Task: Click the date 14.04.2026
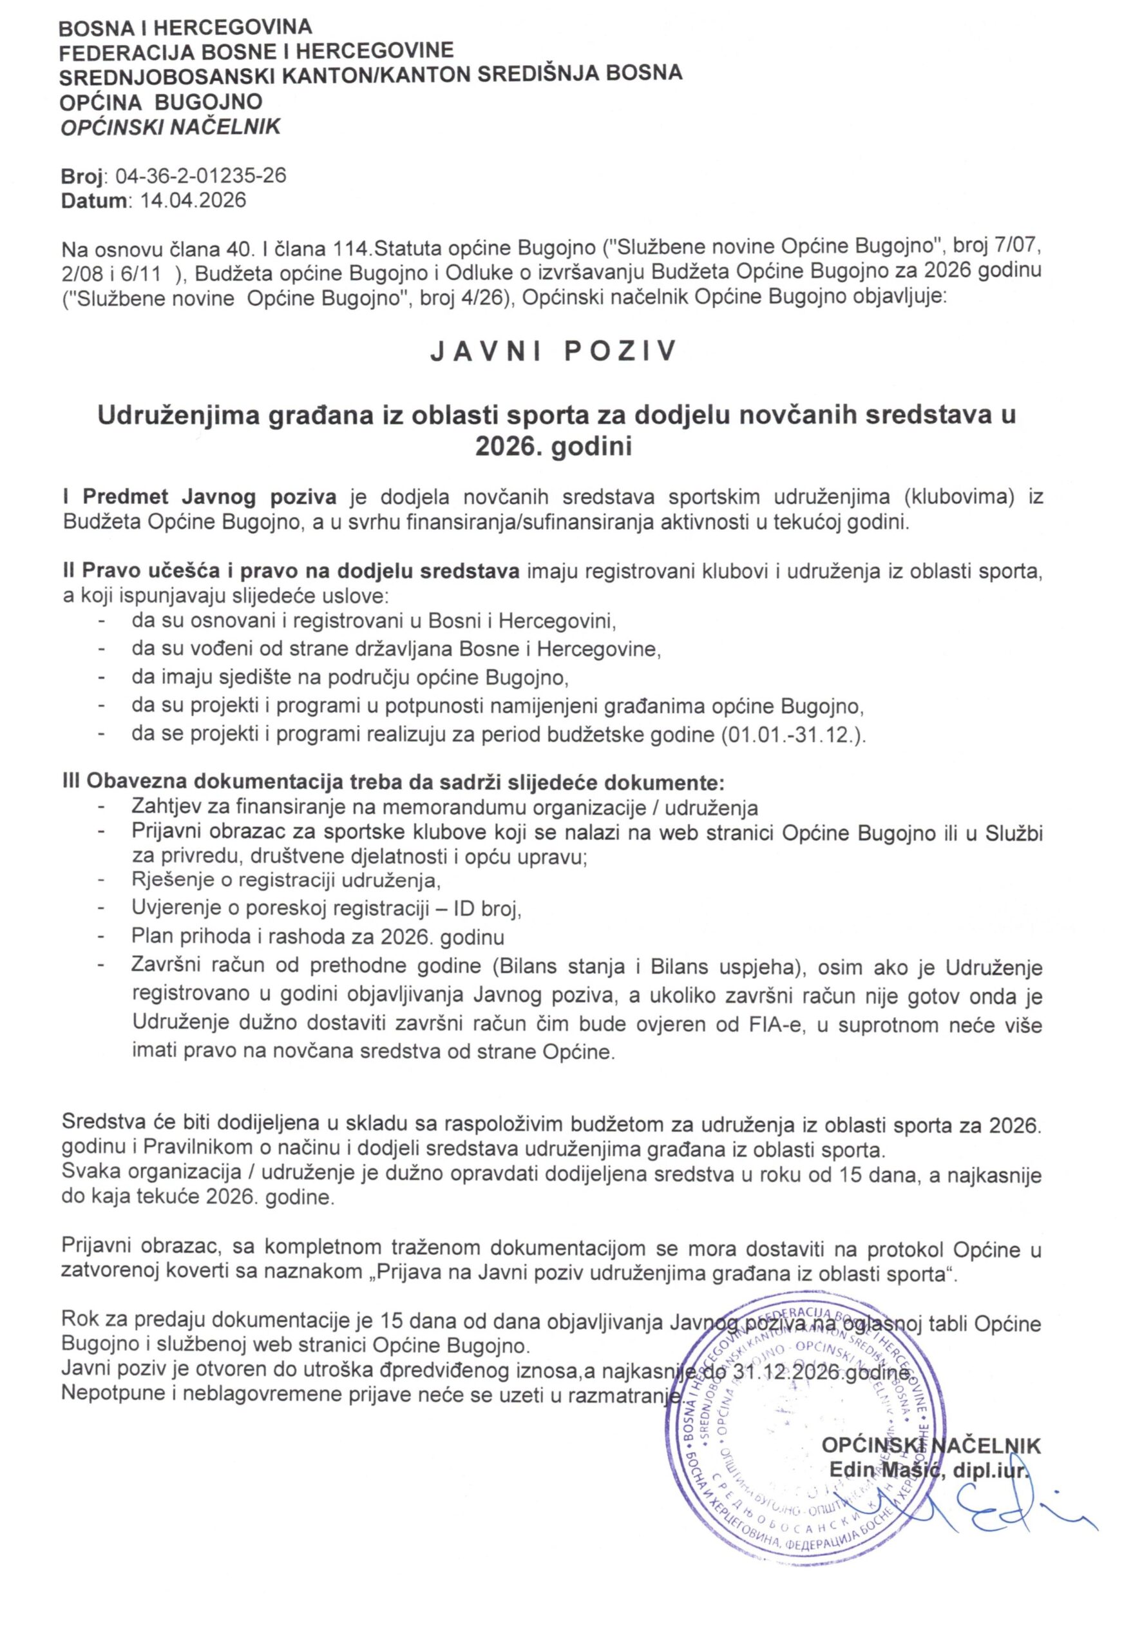pos(193,200)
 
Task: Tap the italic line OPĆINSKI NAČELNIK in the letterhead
pos(170,128)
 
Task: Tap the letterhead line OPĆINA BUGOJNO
pos(161,102)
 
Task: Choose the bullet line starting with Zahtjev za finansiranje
pos(444,807)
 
